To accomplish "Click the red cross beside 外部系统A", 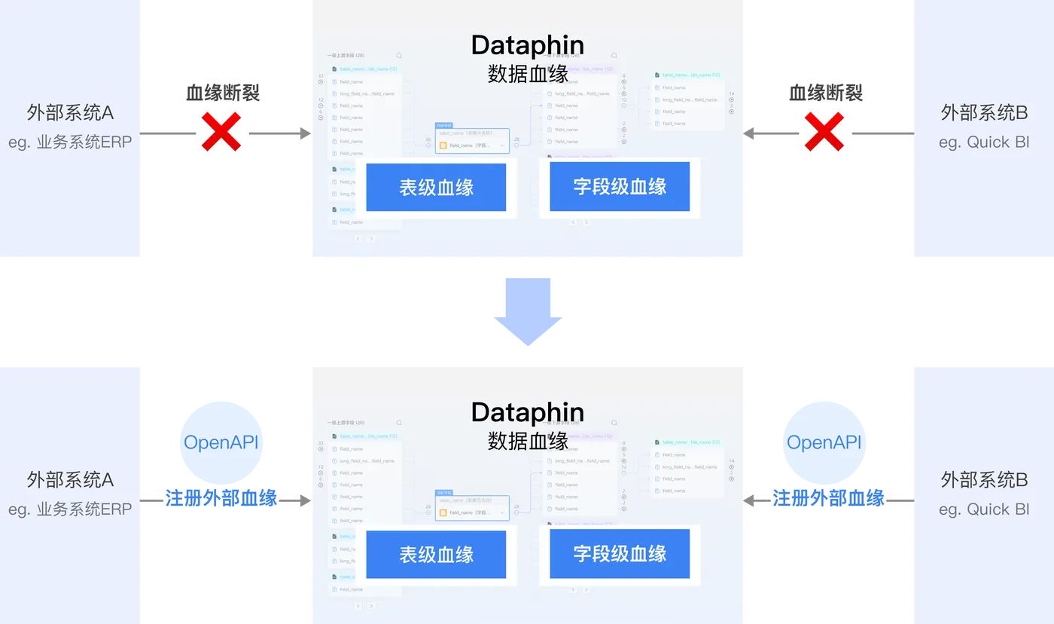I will (x=221, y=133).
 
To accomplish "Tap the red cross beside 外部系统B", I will (x=824, y=133).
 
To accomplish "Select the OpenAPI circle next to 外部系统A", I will (x=221, y=442).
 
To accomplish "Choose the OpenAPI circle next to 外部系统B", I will (x=824, y=442).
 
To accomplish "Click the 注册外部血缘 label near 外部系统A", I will (x=221, y=498).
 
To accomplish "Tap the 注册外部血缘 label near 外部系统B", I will (x=828, y=498).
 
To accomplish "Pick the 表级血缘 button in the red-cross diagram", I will (x=436, y=187).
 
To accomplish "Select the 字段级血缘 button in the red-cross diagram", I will (x=620, y=187).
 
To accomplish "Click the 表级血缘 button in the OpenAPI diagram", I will (x=436, y=555).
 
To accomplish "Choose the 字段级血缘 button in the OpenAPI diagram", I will (x=620, y=555).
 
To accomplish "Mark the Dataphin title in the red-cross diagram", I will (x=527, y=45).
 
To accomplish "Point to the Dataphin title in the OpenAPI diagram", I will (x=527, y=412).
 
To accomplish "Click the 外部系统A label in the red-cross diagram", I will (x=71, y=113).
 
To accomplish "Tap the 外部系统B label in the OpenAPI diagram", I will (x=984, y=480).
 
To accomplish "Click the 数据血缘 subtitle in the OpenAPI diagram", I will (x=528, y=440).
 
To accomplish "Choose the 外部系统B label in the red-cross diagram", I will (x=984, y=113).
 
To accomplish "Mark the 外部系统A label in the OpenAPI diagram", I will (x=71, y=480).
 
